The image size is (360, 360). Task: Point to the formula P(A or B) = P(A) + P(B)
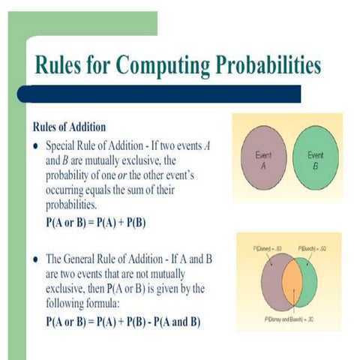tap(95, 223)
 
